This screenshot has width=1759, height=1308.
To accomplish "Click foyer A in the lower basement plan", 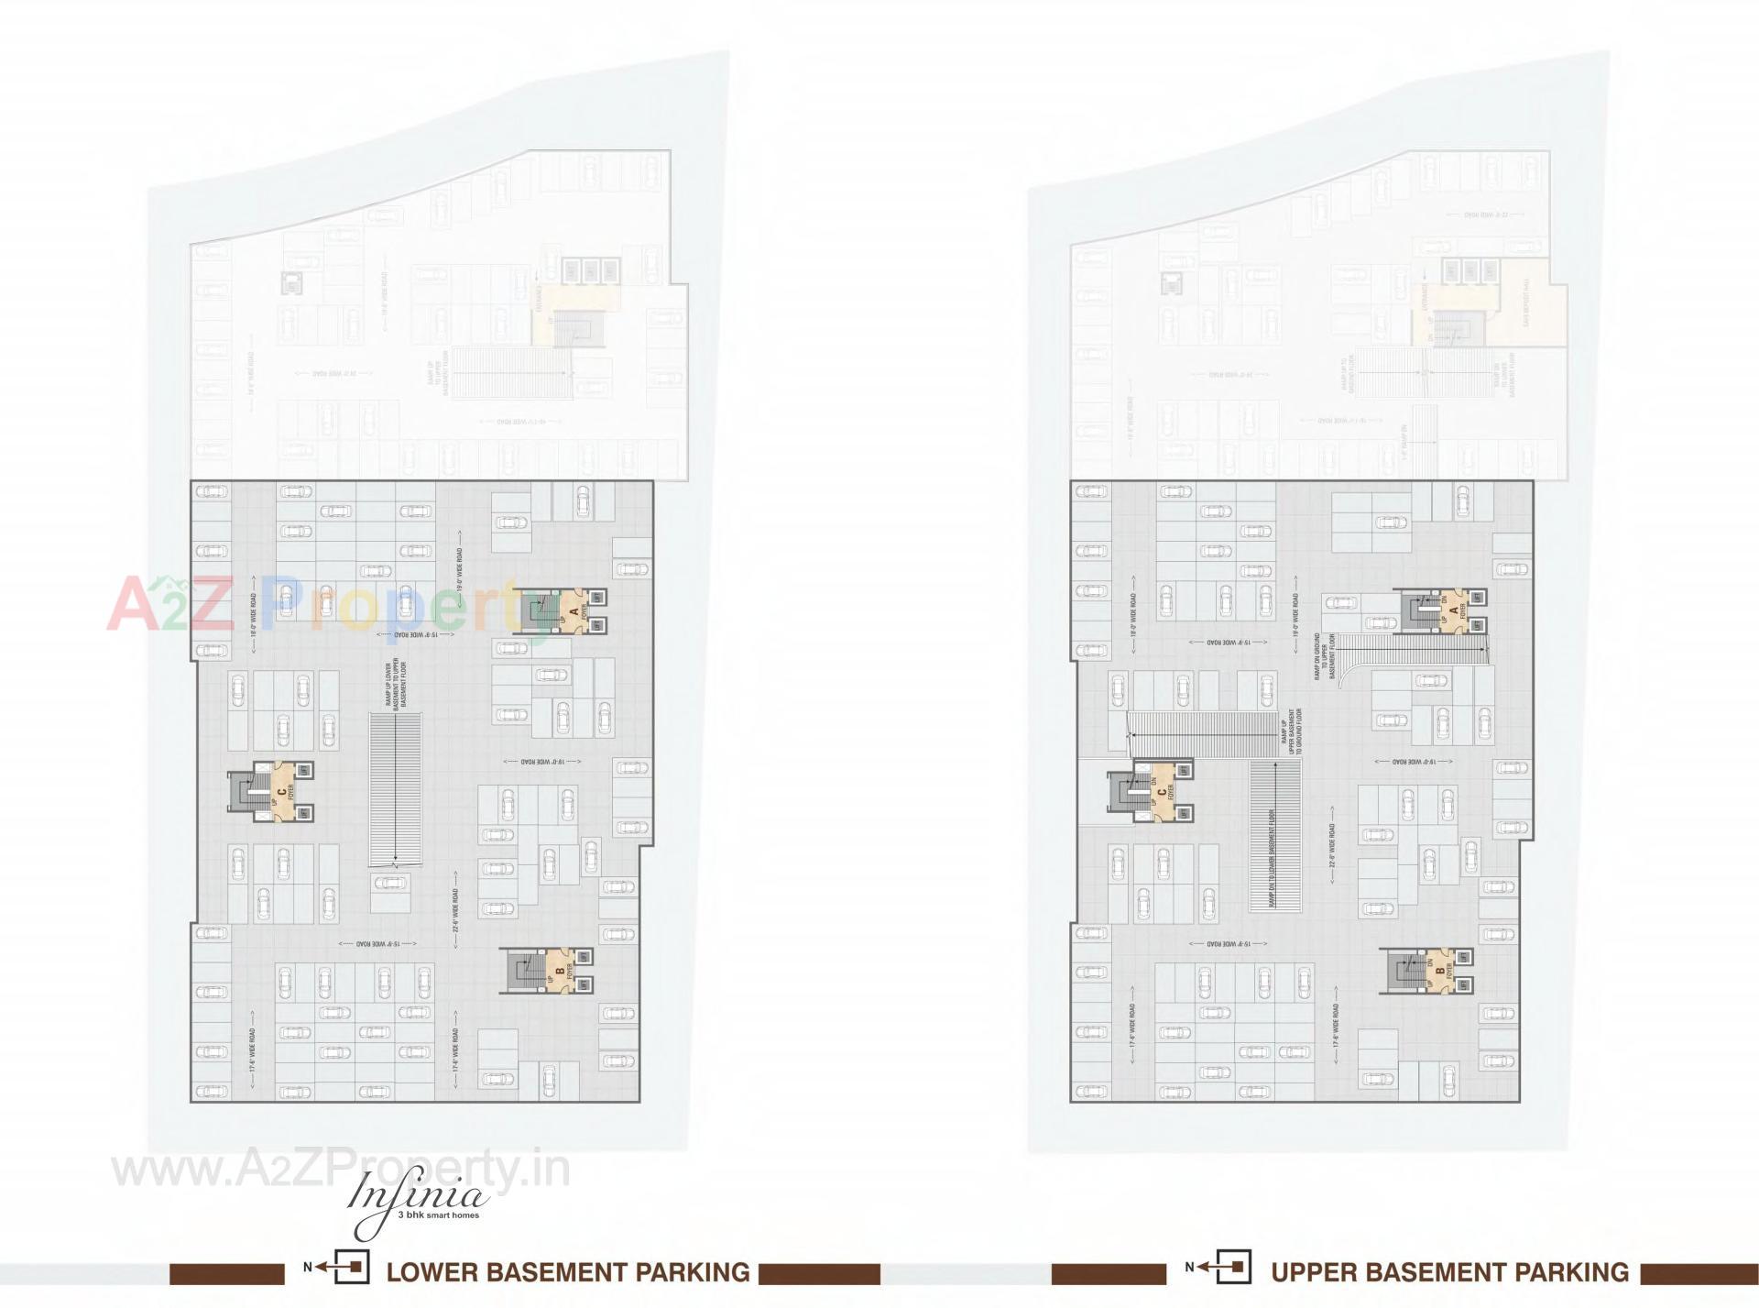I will pos(574,610).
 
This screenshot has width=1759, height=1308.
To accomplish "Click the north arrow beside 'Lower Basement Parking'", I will pos(340,1268).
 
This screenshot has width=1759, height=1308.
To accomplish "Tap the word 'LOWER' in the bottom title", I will pos(432,1272).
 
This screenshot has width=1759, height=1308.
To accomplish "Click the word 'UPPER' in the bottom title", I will pos(1316,1272).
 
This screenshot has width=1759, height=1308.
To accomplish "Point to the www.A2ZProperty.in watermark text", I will pos(339,1171).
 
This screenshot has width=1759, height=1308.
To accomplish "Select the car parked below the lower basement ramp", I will pos(391,883).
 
